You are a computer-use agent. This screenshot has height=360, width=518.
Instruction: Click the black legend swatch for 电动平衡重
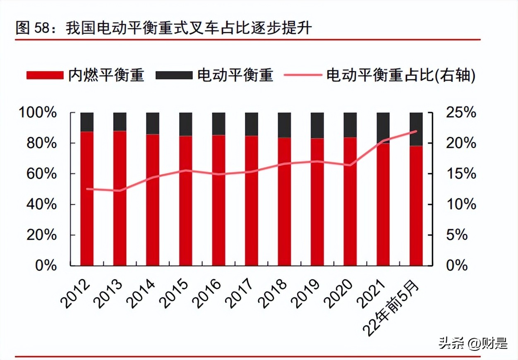tap(174, 75)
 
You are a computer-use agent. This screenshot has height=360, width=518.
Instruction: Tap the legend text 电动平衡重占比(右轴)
tap(400, 75)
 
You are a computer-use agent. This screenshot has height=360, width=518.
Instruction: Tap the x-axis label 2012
tap(76, 293)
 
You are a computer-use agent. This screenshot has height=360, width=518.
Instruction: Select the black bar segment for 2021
tap(383, 127)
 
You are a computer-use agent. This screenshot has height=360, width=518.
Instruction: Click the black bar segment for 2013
tap(120, 121)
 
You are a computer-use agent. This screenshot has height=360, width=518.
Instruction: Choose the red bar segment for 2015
tap(185, 201)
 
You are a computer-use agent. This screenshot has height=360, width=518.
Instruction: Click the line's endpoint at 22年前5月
tap(416, 131)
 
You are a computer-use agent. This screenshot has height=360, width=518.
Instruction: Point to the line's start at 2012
tap(87, 189)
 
